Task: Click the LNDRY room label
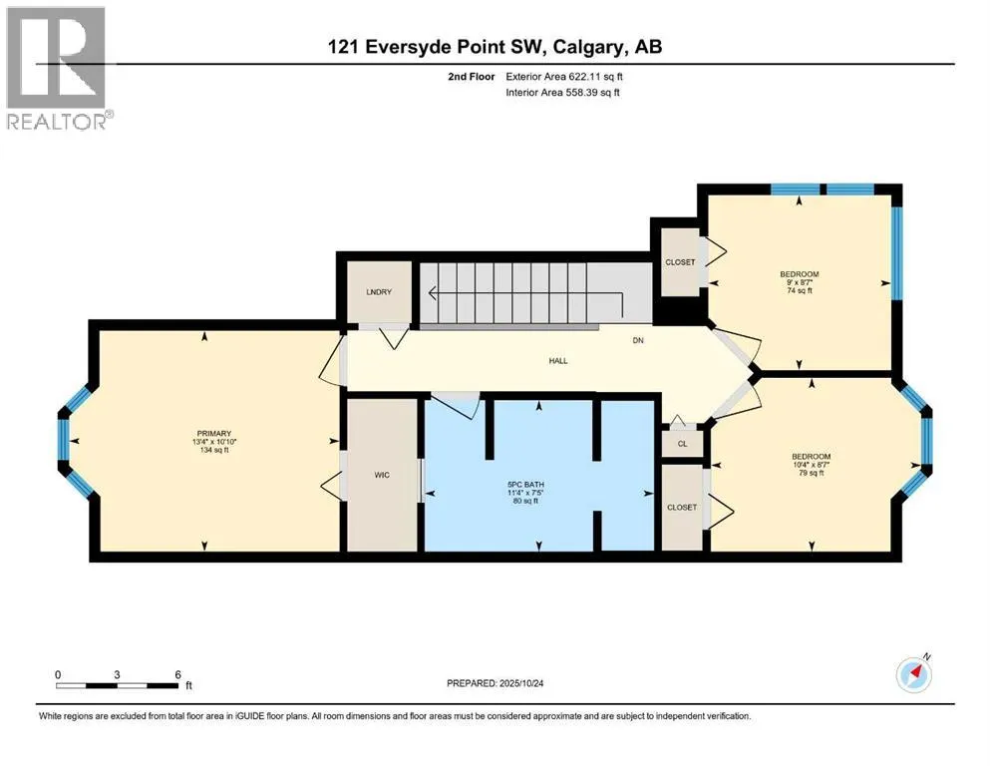(x=379, y=292)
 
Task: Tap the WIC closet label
(x=382, y=475)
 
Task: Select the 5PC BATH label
(x=526, y=485)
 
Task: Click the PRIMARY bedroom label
(x=214, y=433)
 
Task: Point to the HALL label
(x=558, y=361)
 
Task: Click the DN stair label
(x=638, y=340)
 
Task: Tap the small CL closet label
(x=683, y=444)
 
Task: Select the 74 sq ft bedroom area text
(x=800, y=291)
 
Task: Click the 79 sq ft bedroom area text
(x=812, y=473)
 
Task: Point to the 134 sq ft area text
(x=214, y=450)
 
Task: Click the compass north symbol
(x=913, y=674)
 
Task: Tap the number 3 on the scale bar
(x=117, y=674)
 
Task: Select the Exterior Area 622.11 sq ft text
(x=564, y=77)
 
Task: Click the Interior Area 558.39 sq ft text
(x=562, y=92)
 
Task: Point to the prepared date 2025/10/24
(x=520, y=683)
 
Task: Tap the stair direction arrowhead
(x=433, y=293)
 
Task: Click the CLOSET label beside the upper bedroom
(x=680, y=262)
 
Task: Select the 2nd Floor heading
(x=472, y=77)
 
